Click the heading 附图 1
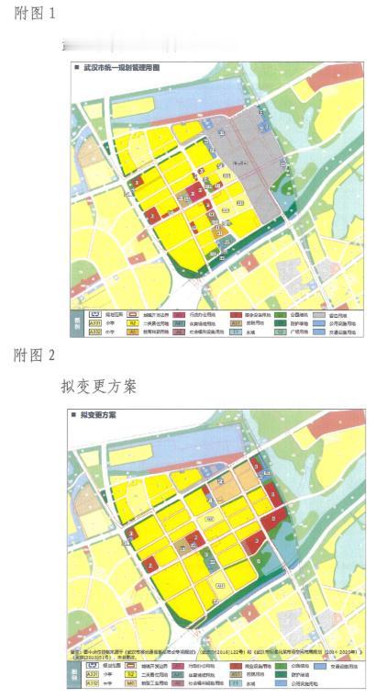[x=35, y=16]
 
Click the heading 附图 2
[x=35, y=354]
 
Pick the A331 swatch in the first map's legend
[x=94, y=324]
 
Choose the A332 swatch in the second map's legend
[x=94, y=683]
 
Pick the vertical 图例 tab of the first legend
[x=77, y=324]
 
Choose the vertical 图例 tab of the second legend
[x=77, y=679]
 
